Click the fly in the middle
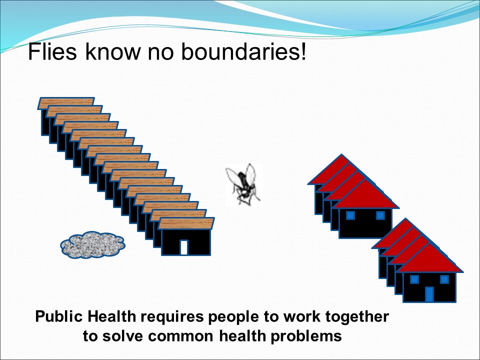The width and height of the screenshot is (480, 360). coord(243,184)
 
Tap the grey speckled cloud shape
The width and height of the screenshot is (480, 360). coord(93,244)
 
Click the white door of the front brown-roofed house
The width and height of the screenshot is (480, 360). coord(184,247)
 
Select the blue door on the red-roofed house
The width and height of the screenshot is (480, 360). coord(429,294)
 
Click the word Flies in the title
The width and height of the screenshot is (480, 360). coord(52,51)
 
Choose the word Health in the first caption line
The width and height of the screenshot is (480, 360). coord(111,316)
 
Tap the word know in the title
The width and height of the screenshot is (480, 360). coord(112,51)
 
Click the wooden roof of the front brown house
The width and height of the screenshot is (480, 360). coord(186,223)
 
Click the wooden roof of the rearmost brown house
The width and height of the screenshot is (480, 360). coord(66,102)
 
